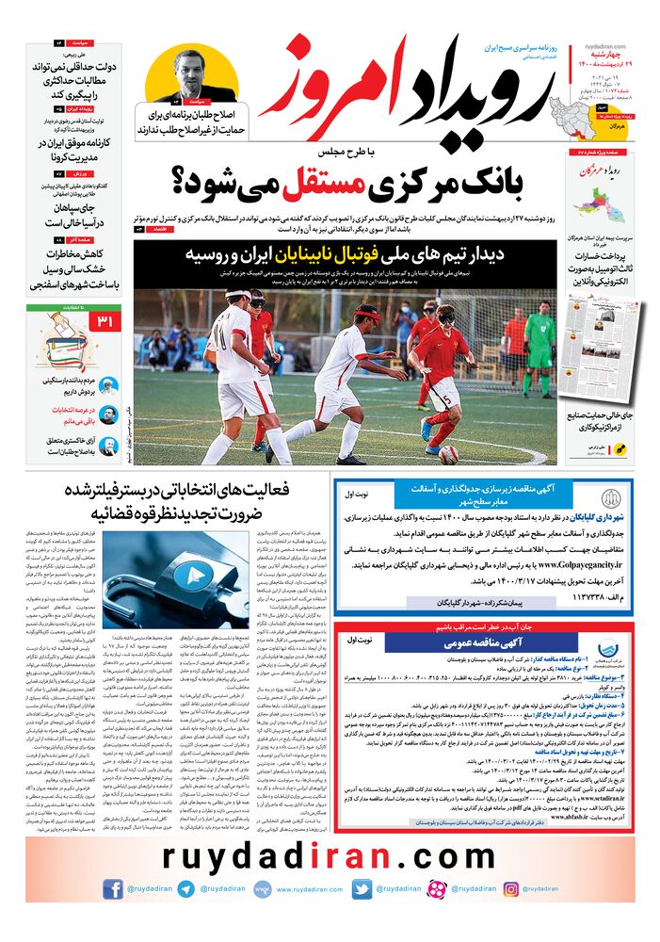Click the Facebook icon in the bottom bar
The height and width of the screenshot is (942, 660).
pyautogui.click(x=113, y=888)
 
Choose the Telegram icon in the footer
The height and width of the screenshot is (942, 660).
pyautogui.click(x=185, y=888)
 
